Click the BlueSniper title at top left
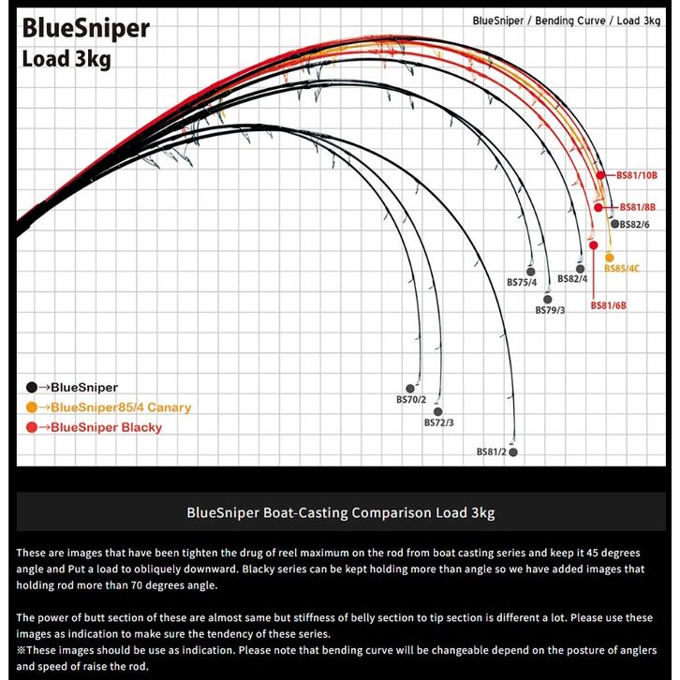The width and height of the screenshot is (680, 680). tap(85, 28)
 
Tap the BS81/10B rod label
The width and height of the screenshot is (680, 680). tap(637, 175)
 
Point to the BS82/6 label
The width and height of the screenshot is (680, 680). tap(634, 225)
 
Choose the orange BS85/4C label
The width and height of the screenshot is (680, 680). tap(622, 269)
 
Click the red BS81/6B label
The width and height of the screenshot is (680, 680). tap(608, 305)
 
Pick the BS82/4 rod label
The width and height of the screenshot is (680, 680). tap(572, 279)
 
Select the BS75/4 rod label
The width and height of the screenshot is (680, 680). tap(522, 282)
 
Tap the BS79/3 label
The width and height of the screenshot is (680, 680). tap(550, 310)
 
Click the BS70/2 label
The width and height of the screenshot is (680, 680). tap(411, 400)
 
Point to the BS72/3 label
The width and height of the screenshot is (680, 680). tap(438, 422)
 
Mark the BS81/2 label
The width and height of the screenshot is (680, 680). tap(491, 452)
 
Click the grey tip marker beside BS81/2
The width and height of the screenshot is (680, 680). tap(512, 452)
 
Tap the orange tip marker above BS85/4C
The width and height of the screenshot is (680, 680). tap(610, 257)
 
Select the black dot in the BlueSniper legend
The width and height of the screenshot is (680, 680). tap(31, 387)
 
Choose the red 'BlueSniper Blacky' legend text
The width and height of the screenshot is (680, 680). tap(106, 427)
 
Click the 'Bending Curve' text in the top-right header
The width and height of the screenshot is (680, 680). tap(569, 20)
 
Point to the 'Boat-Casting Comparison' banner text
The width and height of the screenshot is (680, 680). tap(340, 512)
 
